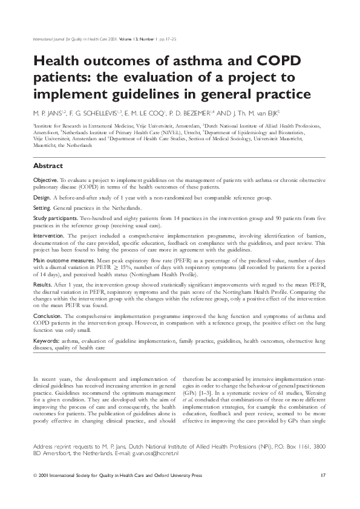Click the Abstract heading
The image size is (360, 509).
point(49,166)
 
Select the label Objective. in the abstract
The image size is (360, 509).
point(45,181)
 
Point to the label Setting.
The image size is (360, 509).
point(42,207)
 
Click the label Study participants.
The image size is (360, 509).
point(55,217)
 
